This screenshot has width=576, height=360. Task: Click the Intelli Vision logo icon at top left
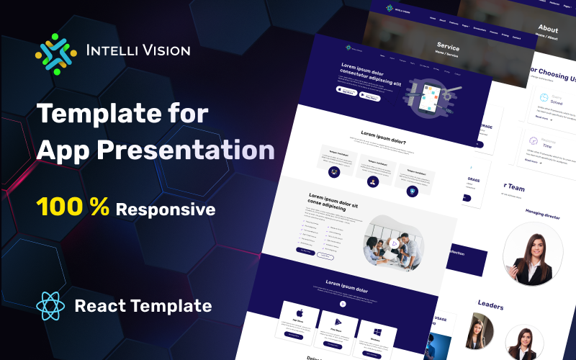55,51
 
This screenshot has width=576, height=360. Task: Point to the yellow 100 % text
73,208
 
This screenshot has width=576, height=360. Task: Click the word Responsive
166,210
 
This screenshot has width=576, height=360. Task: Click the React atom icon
50,306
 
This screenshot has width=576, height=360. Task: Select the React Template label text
143,306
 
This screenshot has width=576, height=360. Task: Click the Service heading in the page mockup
448,48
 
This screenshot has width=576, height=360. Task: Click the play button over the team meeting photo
394,244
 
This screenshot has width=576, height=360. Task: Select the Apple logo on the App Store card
298,314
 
